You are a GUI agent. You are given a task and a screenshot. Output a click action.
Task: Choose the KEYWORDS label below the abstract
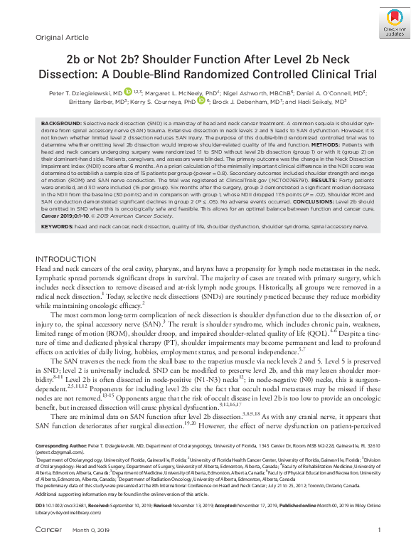tap(57, 226)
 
